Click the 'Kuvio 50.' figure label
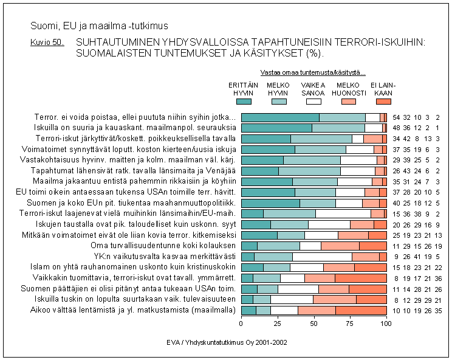pos(47,43)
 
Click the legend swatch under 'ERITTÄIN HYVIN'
pos(244,102)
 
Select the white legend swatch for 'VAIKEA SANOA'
pos(313,102)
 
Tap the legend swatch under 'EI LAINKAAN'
pos(383,102)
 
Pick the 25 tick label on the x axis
pos(278,325)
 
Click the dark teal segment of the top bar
pos(280,117)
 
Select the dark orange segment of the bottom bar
pos(361,311)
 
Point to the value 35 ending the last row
pos(438,311)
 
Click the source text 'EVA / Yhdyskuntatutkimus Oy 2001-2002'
pos(227,343)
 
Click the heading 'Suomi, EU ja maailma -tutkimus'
pos(99,27)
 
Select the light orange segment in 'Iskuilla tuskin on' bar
pos(335,300)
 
